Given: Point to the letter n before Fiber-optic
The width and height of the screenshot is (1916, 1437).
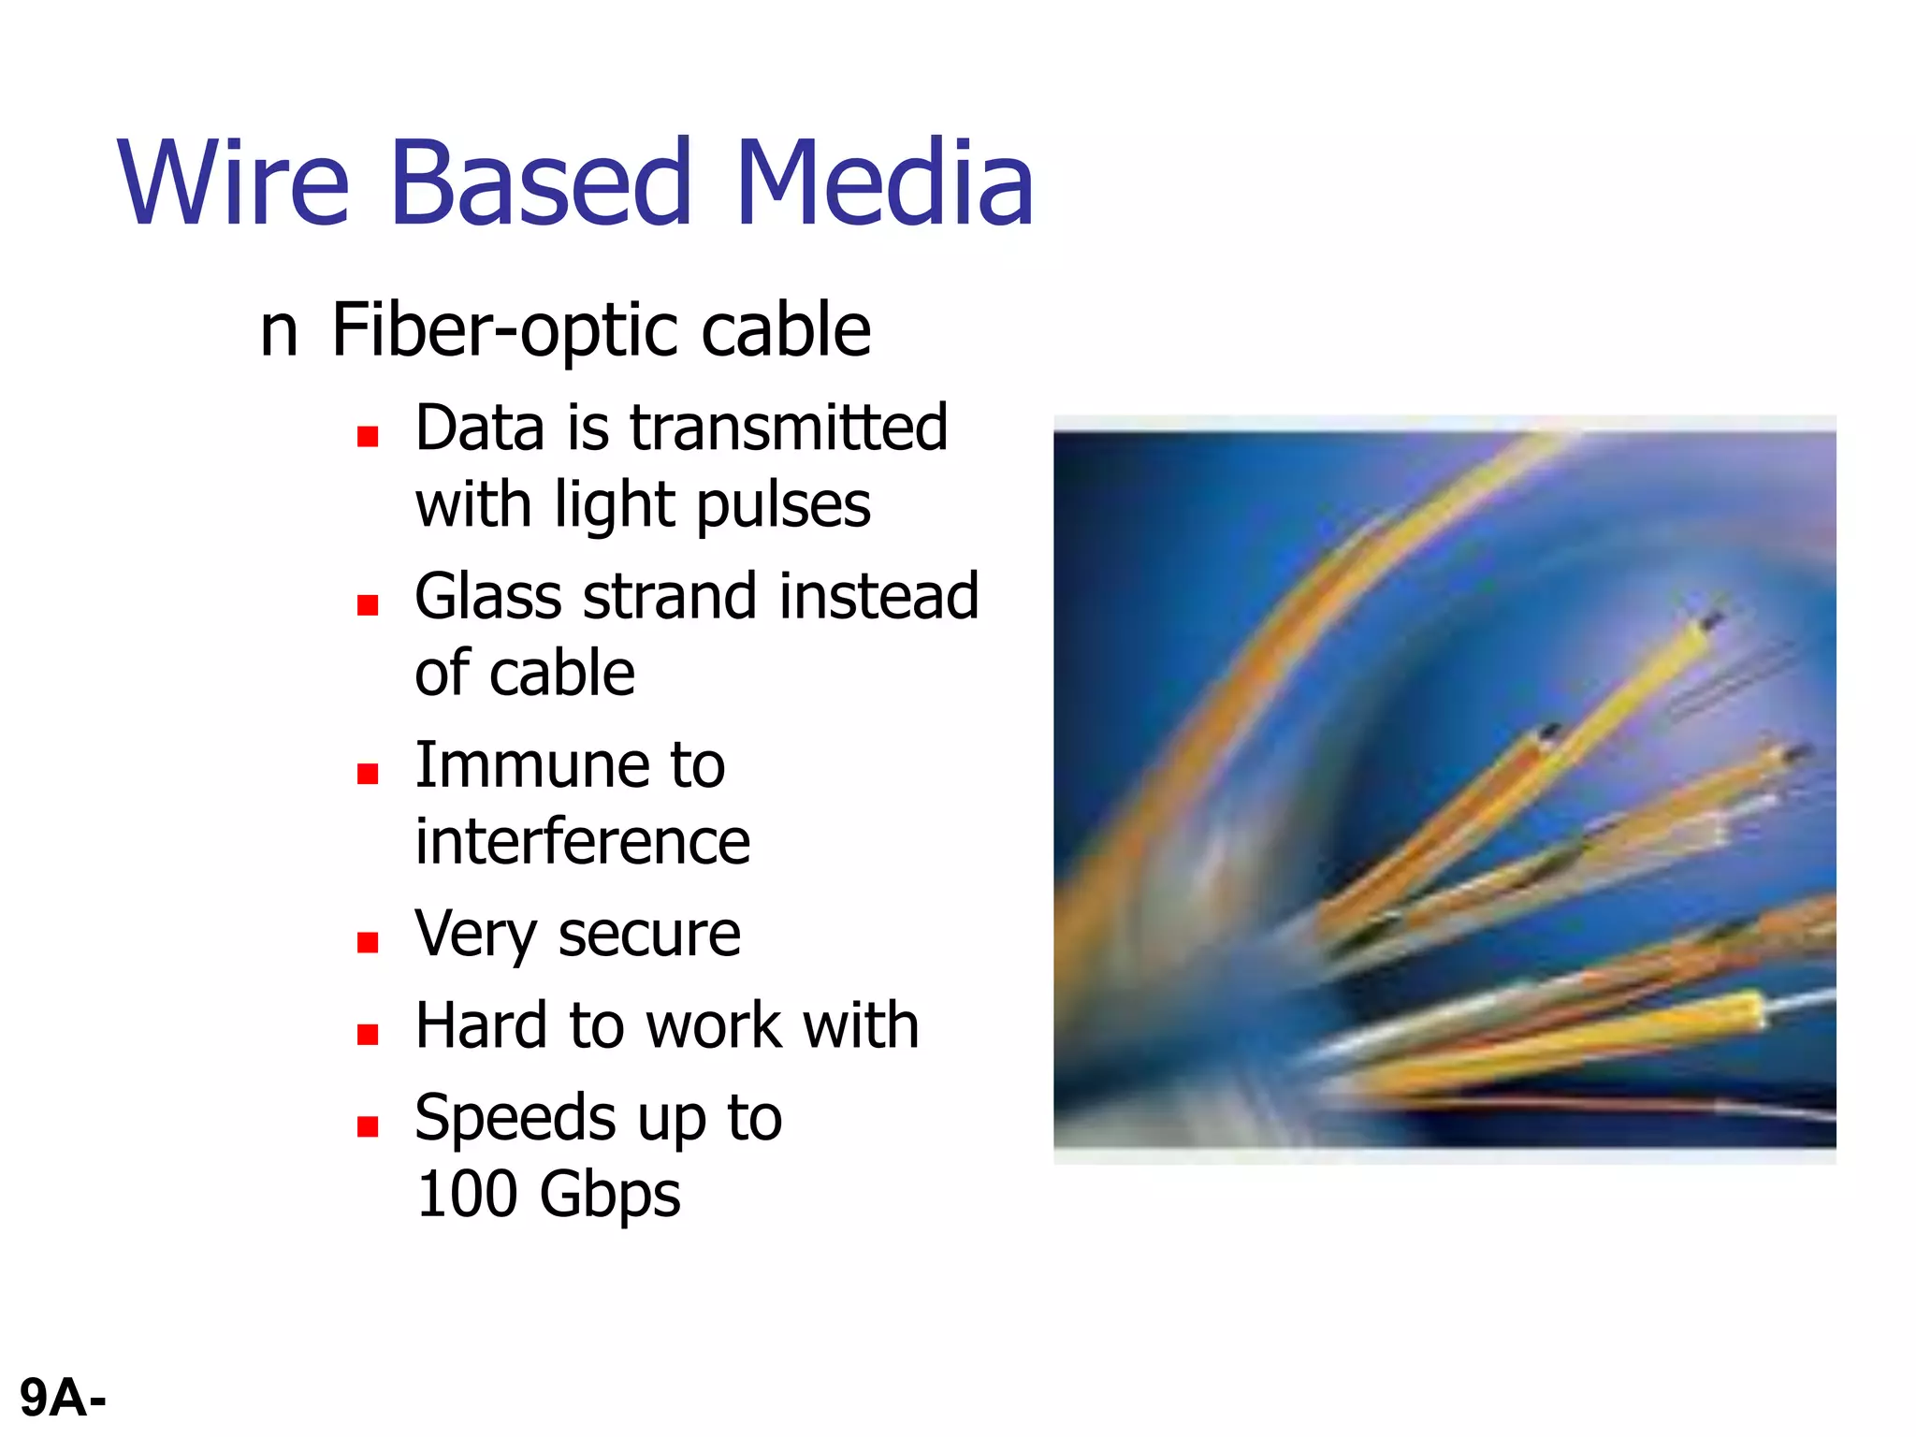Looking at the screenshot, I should click(278, 331).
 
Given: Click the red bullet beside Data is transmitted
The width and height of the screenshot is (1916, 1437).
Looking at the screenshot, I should click(368, 436).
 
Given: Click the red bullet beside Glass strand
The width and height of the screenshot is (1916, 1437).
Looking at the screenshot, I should click(368, 605).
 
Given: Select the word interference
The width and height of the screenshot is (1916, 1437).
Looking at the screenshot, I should click(582, 842).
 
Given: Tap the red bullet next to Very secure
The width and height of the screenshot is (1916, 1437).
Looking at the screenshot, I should click(368, 942).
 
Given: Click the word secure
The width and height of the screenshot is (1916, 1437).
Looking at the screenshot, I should click(649, 934).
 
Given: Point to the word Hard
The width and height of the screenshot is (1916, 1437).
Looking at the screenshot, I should click(481, 1025).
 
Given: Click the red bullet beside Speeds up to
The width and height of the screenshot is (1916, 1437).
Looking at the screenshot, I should click(368, 1126).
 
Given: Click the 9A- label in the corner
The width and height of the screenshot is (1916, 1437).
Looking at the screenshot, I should click(63, 1399).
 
